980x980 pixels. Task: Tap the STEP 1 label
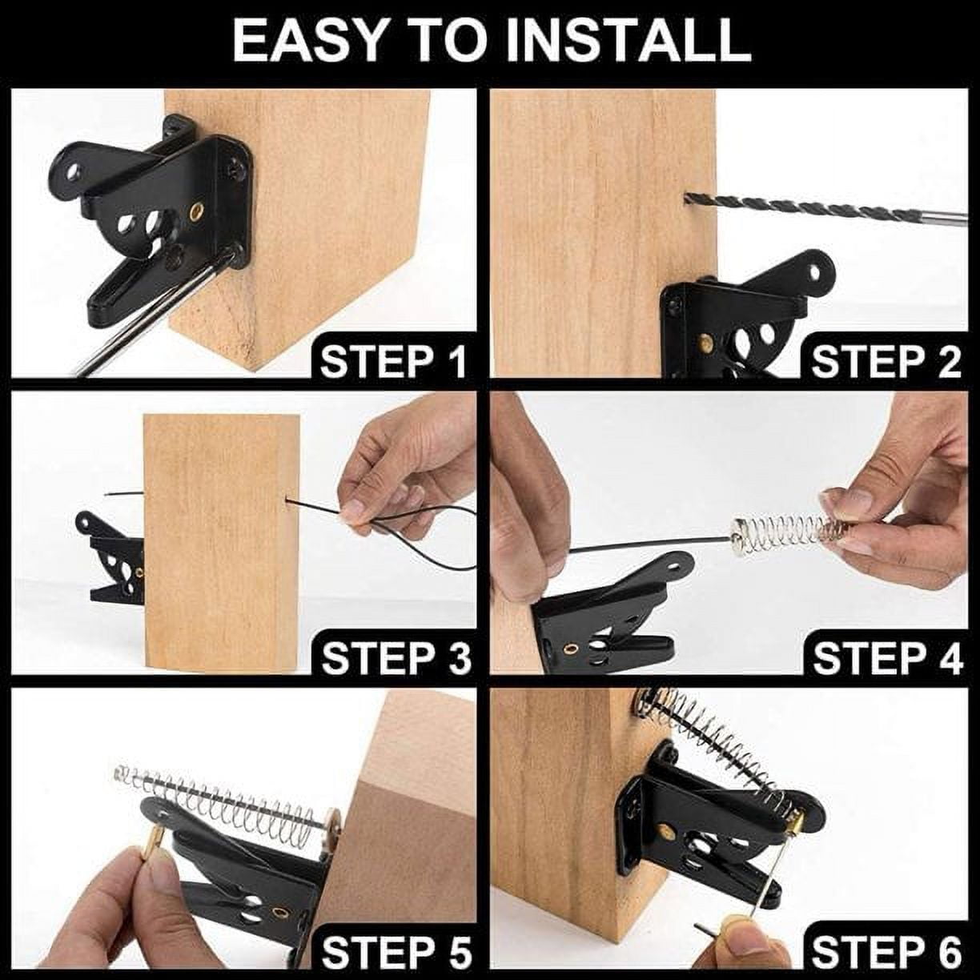pos(393,363)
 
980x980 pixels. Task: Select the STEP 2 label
pos(886,363)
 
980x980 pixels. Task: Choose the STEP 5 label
pos(396,954)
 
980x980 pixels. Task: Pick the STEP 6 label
pos(887,954)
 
